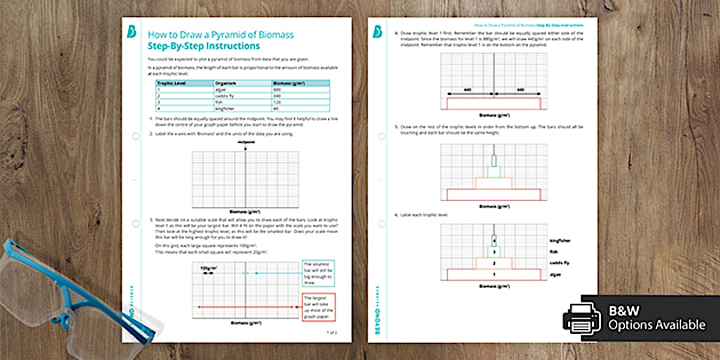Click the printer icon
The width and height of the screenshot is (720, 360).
(582, 318)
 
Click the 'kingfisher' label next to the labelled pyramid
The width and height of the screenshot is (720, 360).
(560, 241)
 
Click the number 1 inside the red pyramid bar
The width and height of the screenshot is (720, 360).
(493, 275)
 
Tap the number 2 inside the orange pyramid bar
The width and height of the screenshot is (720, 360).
(493, 263)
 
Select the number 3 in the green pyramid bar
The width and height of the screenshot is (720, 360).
(493, 252)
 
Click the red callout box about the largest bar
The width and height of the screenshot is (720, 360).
(318, 307)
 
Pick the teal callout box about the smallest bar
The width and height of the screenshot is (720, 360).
(318, 273)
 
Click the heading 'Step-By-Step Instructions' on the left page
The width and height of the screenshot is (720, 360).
(203, 46)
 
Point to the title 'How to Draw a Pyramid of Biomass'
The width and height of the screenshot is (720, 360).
(221, 35)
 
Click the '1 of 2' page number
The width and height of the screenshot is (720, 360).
(331, 332)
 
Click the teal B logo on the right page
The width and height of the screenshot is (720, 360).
(378, 32)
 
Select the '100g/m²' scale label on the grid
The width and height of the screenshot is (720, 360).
(209, 267)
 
